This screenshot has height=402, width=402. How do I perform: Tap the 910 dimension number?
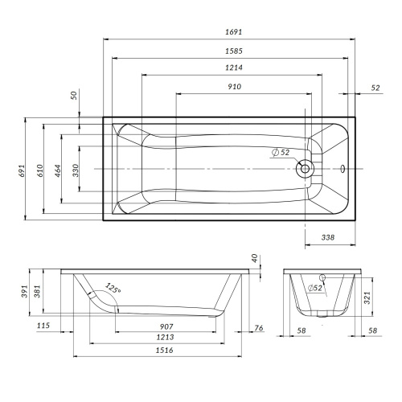coord(235,87)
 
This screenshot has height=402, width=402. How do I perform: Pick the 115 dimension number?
coord(44,326)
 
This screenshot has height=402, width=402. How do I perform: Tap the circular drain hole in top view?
coord(305,169)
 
